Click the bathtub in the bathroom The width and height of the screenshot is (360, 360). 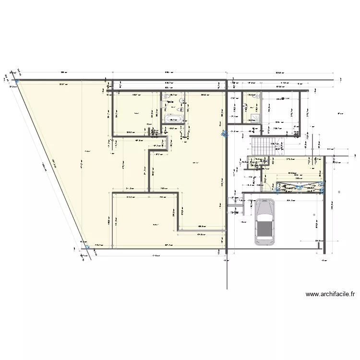pyautogui.click(x=170, y=119)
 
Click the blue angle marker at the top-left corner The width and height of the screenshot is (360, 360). pyautogui.click(x=16, y=83)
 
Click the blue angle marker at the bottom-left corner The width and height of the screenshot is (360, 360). pyautogui.click(x=87, y=248)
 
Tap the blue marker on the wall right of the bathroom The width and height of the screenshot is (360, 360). pyautogui.click(x=222, y=134)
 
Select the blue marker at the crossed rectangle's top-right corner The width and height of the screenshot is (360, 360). pyautogui.click(x=322, y=183)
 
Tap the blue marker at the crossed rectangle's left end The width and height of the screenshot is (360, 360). pyautogui.click(x=277, y=187)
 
